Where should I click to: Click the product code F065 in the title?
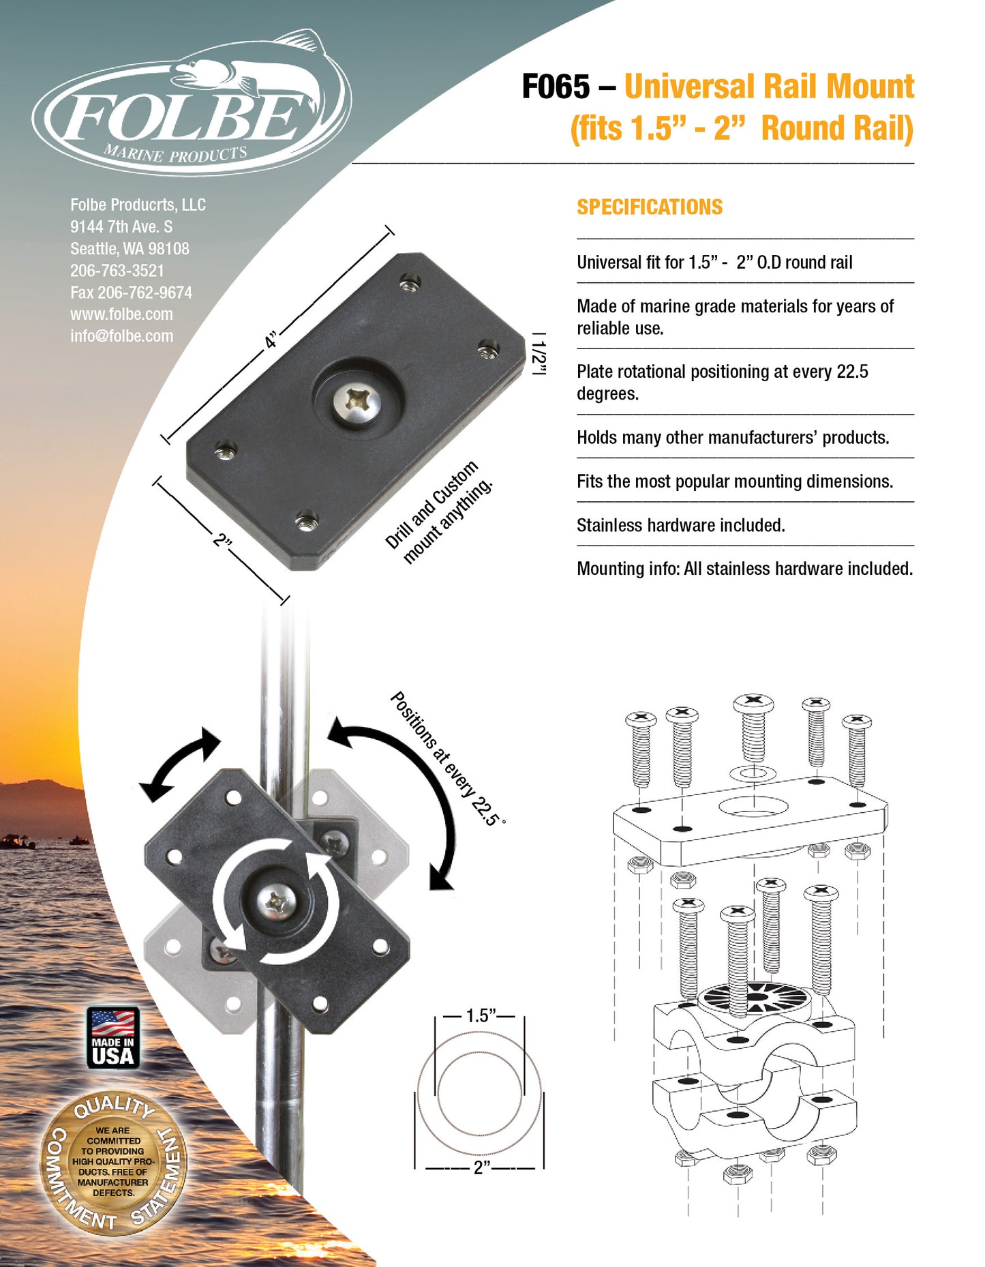tap(556, 87)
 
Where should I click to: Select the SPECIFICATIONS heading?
tap(649, 207)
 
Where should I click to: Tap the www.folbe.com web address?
tap(121, 314)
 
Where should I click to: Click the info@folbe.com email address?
tap(121, 336)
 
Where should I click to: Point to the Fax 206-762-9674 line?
tap(131, 293)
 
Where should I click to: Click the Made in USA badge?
tap(113, 1037)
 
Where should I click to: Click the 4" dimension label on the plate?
tap(272, 340)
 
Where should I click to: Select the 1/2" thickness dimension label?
tap(539, 354)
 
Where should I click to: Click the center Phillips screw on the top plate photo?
tap(357, 402)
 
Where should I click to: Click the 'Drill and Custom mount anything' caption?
tap(438, 513)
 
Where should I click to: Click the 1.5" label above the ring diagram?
tap(480, 1016)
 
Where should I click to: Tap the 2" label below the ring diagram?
tap(481, 1167)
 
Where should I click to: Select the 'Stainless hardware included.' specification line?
tap(680, 525)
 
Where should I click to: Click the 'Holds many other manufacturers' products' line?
tap(732, 437)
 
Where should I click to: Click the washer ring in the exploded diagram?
tap(753, 773)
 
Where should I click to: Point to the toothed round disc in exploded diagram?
tap(753, 1000)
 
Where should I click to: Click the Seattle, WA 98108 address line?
tap(130, 249)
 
